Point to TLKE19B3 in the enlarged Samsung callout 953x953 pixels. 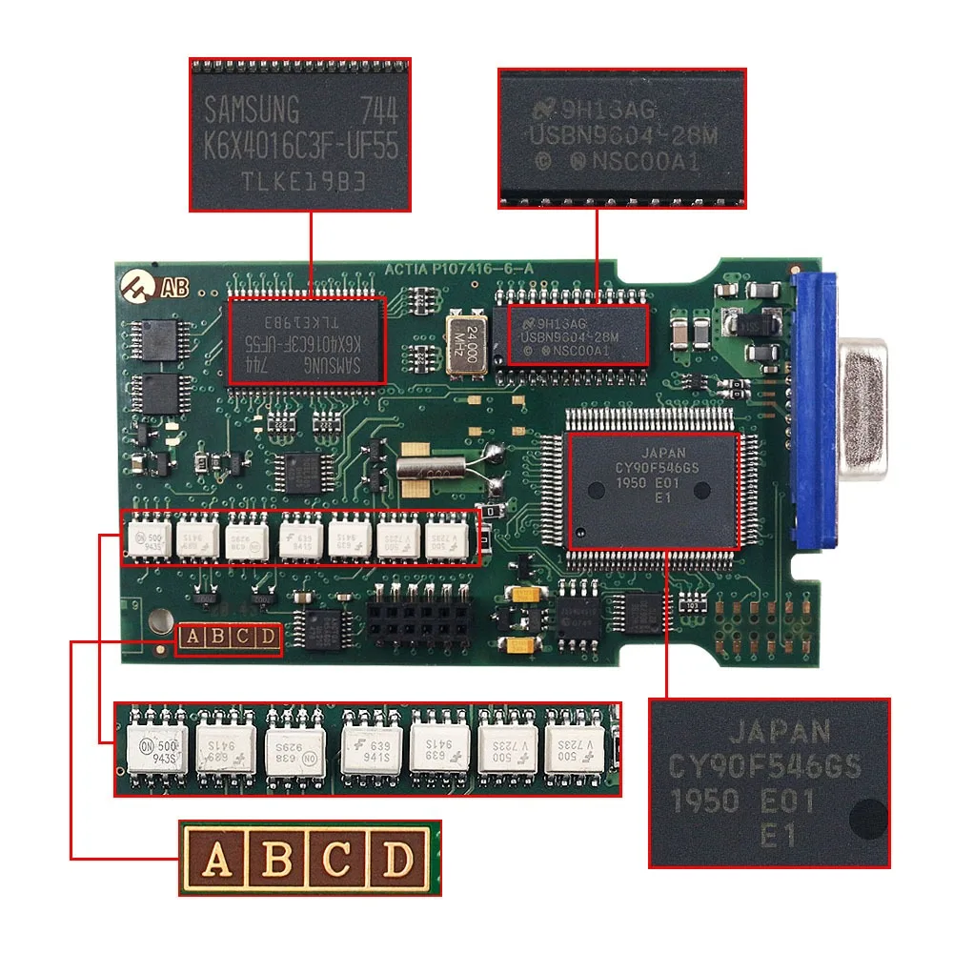301,180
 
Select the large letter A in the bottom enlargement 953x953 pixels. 218,859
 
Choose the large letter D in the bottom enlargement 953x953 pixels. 395,859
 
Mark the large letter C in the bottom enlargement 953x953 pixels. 336,859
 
